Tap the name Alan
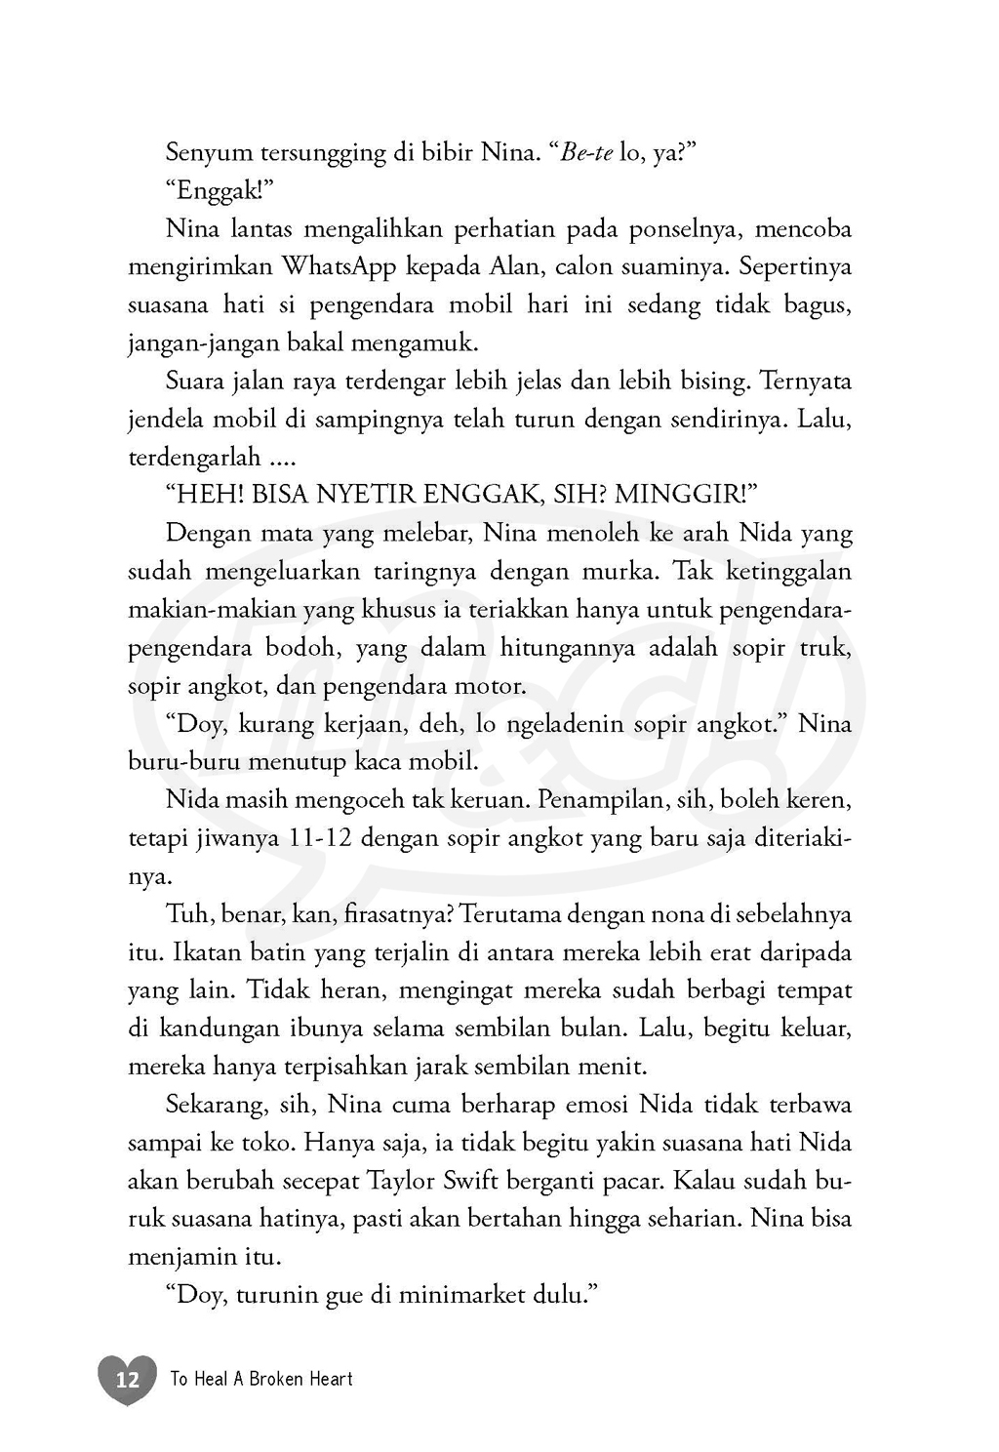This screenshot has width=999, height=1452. coord(511,266)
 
